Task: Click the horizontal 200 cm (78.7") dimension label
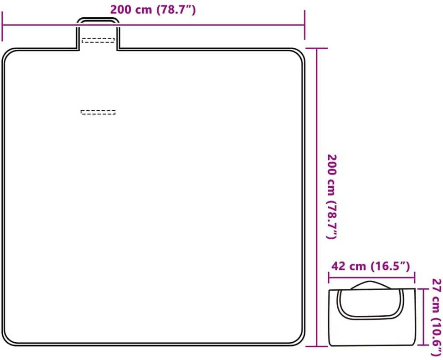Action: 153,10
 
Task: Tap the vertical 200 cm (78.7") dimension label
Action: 332,197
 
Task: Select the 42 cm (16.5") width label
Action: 371,266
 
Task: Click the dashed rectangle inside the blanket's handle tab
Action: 98,41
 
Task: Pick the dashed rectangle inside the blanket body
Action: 98,113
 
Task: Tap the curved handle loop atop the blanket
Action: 98,20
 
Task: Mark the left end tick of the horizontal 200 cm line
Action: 2,26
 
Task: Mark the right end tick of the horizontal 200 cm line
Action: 304,25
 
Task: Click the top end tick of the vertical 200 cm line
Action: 317,49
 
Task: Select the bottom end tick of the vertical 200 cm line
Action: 317,346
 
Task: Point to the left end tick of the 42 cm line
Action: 329,278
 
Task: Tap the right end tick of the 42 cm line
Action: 414,278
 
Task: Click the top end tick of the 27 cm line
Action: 423,289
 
